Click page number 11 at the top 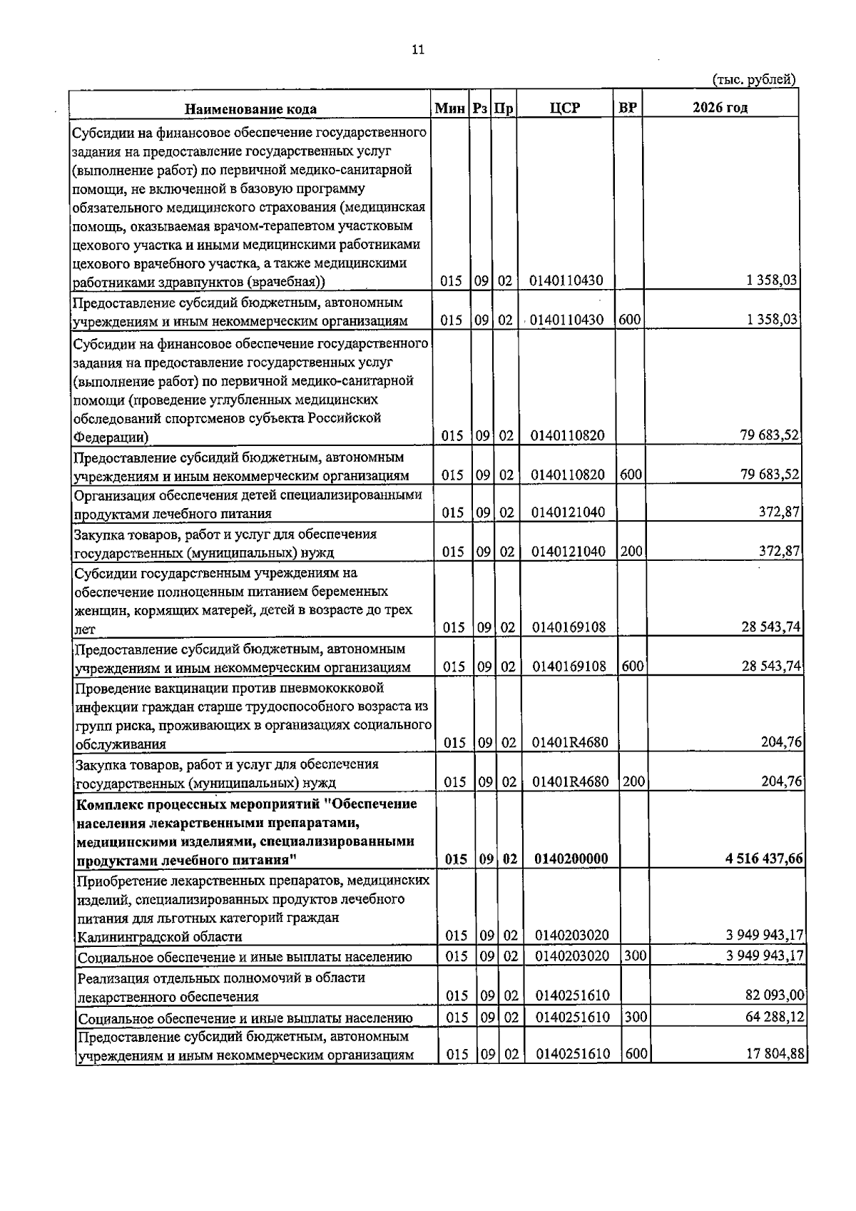click(x=418, y=49)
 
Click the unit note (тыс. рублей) click(x=753, y=80)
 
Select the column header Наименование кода click(x=250, y=108)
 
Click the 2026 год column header click(x=720, y=108)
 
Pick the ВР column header click(x=628, y=108)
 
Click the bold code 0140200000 click(x=571, y=858)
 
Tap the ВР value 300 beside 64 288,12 click(x=636, y=1016)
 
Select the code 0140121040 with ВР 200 click(x=568, y=552)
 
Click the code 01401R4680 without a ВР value click(x=570, y=743)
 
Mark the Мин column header click(x=450, y=108)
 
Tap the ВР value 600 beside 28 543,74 click(x=632, y=667)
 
